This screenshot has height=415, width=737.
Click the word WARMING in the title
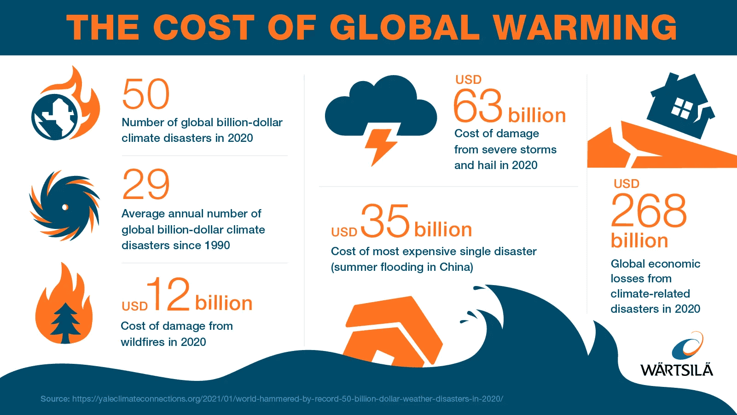point(585,27)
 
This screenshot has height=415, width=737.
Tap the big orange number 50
point(146,94)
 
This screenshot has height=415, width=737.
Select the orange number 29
point(146,185)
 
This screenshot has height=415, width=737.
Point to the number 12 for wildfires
point(168,294)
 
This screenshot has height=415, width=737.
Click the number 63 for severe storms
point(478,106)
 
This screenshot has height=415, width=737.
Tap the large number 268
point(649,211)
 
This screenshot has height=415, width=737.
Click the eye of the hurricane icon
point(65,207)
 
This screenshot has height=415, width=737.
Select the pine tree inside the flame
point(65,322)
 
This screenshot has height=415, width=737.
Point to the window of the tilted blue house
point(682,109)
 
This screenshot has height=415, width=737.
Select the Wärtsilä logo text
point(676,370)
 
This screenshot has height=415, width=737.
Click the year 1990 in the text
point(217,245)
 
